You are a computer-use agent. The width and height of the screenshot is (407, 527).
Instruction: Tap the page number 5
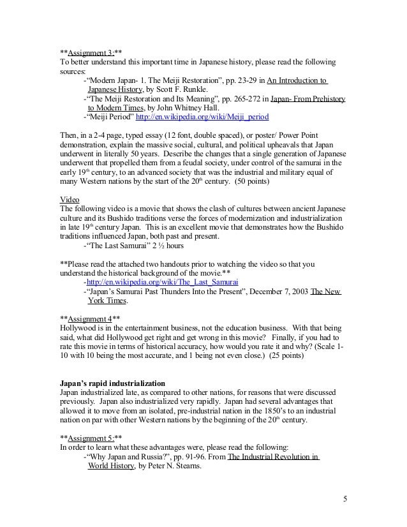(344, 498)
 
